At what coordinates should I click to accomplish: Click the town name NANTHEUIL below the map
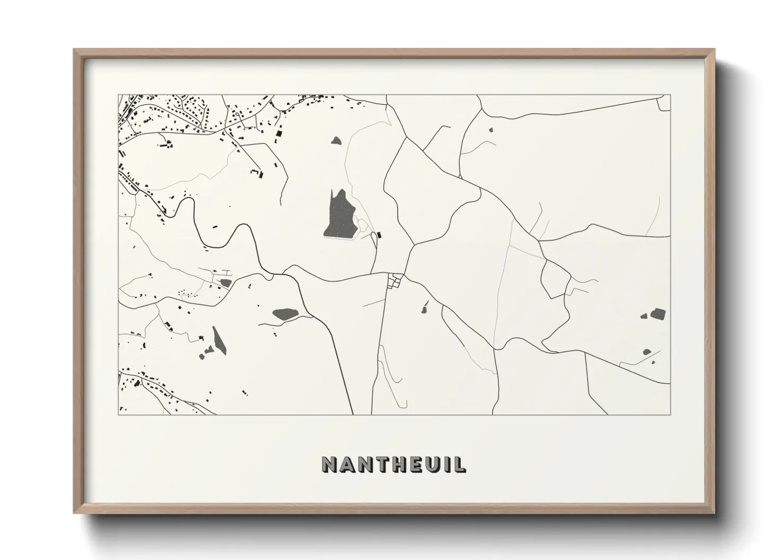[x=394, y=464]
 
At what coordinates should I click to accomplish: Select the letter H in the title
[x=391, y=464]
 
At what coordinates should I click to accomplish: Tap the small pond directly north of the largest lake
[x=336, y=141]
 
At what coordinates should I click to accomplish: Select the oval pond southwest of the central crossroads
[x=285, y=314]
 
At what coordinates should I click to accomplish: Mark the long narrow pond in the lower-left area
[x=218, y=340]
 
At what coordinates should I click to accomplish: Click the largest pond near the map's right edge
[x=658, y=314]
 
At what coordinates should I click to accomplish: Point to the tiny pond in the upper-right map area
[x=491, y=129]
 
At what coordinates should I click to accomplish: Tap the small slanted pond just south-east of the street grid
[x=425, y=306]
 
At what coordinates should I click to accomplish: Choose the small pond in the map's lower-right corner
[x=647, y=352]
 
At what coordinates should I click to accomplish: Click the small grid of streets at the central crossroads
[x=395, y=281]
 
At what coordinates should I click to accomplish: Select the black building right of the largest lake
[x=379, y=234]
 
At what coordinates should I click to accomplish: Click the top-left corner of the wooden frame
[x=75, y=50]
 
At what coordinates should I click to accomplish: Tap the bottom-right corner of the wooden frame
[x=714, y=513]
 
